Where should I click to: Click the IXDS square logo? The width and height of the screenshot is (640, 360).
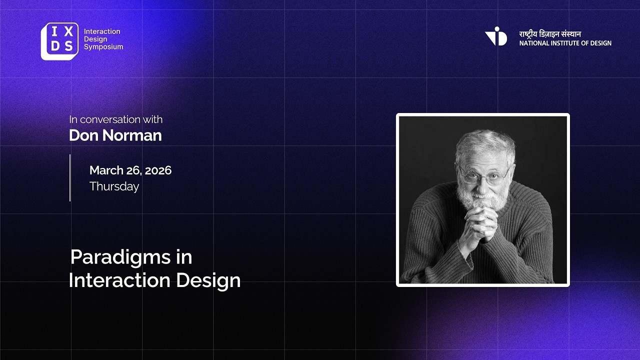pos(59,41)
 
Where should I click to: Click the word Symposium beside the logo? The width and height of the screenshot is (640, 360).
pos(103,47)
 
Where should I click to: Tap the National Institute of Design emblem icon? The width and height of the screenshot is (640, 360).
pos(496,36)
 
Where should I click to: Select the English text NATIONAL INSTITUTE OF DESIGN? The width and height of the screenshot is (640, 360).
pos(565,43)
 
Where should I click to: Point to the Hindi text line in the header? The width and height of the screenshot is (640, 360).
pos(550,34)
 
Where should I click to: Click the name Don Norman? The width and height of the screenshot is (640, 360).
pos(115,135)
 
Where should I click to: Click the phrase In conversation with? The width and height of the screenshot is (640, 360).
pos(116,119)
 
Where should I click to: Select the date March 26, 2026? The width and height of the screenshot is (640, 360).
pos(130,170)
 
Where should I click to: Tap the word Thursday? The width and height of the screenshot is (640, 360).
pos(114,186)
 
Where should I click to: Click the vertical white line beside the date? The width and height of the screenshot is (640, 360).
pos(70,177)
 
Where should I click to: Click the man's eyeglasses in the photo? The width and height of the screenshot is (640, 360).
pos(484,175)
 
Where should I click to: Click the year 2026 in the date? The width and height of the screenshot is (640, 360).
pos(158,170)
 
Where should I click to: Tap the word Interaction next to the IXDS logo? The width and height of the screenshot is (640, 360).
pos(102,31)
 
